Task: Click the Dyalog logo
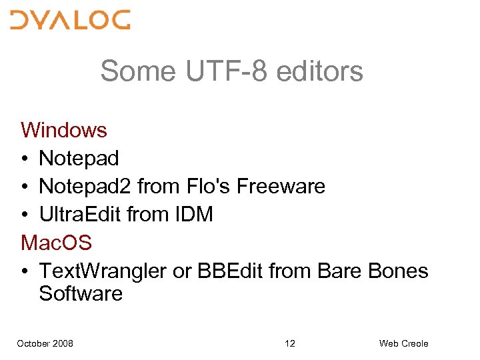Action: (x=70, y=20)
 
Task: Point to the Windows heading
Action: (x=64, y=129)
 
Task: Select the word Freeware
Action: (x=281, y=186)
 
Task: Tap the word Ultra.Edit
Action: (x=79, y=215)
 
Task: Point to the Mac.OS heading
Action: (x=57, y=243)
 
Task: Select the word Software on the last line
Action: (x=81, y=293)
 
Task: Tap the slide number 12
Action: (x=290, y=343)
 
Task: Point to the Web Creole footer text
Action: (x=403, y=343)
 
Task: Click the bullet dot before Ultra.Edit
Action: (x=25, y=215)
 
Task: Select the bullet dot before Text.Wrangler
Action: (x=25, y=272)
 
